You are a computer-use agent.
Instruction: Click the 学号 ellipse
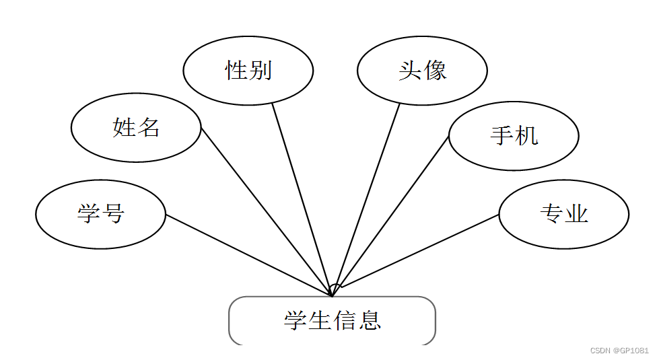click(x=100, y=215)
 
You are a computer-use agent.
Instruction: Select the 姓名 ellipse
click(x=136, y=128)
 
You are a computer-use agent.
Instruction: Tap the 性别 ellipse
click(x=248, y=71)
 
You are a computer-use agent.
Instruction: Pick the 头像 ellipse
click(x=422, y=71)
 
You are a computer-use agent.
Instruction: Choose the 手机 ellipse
click(x=514, y=136)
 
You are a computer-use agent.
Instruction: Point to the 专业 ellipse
click(x=564, y=214)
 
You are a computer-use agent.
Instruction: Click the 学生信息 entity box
click(x=332, y=320)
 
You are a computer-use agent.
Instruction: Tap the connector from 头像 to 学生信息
click(x=368, y=195)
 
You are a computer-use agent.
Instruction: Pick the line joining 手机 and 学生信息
click(x=394, y=212)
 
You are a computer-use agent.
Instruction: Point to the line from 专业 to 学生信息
click(x=421, y=251)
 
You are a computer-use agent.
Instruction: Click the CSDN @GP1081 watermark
click(x=619, y=351)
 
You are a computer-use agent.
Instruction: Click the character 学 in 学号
click(x=88, y=215)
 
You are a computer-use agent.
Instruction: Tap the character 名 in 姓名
click(x=148, y=128)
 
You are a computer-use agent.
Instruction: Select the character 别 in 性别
click(x=260, y=71)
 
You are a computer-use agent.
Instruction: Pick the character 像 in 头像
click(x=435, y=71)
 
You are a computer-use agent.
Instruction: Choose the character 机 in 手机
click(x=526, y=136)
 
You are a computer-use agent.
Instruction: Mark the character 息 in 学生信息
click(x=370, y=320)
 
